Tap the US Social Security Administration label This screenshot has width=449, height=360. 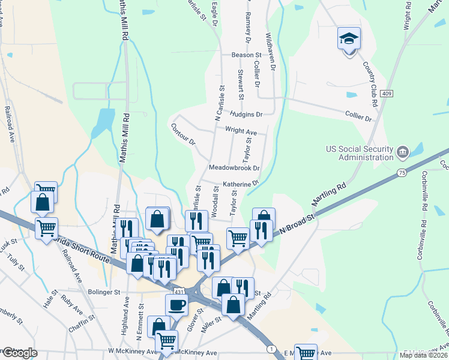click(359, 153)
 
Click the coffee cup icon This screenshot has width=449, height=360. click(176, 305)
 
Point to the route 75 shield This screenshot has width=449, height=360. click(401, 173)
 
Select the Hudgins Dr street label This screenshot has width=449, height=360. click(246, 114)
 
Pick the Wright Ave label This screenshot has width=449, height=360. click(241, 131)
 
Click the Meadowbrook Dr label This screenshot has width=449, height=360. click(234, 168)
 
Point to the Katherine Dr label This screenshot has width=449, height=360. click(241, 184)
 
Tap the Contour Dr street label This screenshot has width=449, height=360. click(184, 134)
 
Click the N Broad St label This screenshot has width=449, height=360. click(295, 222)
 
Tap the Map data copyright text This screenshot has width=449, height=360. click(424, 355)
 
